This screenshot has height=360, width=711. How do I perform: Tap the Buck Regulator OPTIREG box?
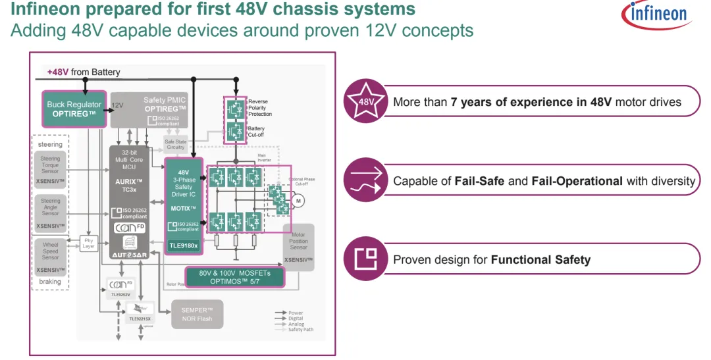pyautogui.click(x=74, y=109)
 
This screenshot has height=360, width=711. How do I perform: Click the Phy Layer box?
pyautogui.click(x=89, y=244)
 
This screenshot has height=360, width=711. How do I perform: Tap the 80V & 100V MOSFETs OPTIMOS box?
pyautogui.click(x=234, y=277)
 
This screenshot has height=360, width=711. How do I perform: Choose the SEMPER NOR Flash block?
pyautogui.click(x=197, y=315)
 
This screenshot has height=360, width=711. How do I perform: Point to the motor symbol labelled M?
pyautogui.click(x=298, y=201)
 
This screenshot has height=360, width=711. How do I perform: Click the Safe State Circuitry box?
pyautogui.click(x=175, y=144)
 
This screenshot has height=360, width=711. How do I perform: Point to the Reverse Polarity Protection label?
pyautogui.click(x=259, y=107)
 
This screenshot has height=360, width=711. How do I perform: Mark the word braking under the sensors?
pyautogui.click(x=50, y=282)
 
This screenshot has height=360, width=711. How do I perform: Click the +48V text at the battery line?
pyautogui.click(x=57, y=72)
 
